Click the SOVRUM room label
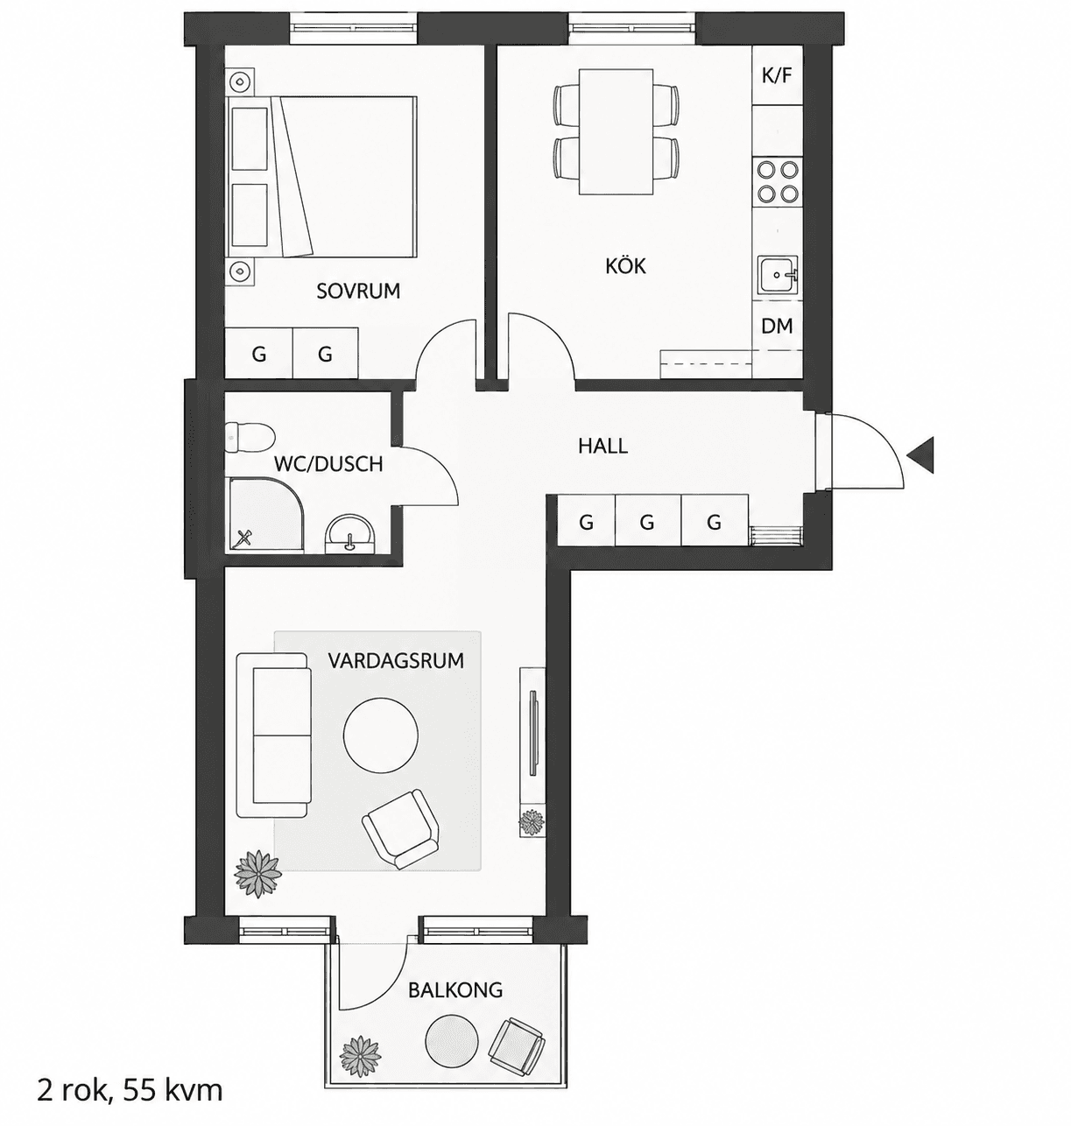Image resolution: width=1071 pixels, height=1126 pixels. [358, 291]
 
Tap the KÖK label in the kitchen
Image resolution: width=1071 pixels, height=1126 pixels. [626, 266]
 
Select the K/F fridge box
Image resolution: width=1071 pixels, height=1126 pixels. [777, 75]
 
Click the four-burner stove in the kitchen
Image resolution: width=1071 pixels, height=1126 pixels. [778, 182]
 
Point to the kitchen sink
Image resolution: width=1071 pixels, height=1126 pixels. [778, 275]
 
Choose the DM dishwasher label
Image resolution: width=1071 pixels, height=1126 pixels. [777, 326]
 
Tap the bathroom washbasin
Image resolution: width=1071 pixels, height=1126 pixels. [349, 534]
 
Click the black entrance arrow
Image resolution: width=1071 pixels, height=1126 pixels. [920, 454]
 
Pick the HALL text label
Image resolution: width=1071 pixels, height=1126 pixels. [602, 447]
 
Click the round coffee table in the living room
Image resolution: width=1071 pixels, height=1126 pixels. [380, 736]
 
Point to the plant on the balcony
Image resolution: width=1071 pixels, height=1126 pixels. [361, 1054]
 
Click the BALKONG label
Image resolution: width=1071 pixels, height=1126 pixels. [455, 989]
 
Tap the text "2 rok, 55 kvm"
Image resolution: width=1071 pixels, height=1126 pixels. [130, 1090]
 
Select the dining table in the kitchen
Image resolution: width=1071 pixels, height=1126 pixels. [616, 132]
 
